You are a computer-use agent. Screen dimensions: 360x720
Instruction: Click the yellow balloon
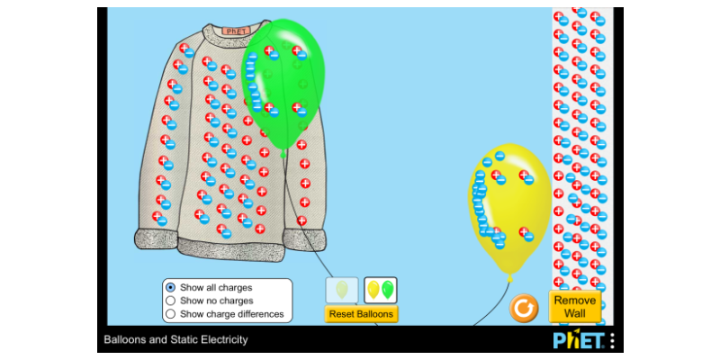(510, 207)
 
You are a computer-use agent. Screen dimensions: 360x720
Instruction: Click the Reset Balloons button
(361, 314)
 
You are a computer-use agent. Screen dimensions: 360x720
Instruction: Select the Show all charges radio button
(171, 287)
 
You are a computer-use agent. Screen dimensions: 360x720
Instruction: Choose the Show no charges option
(171, 301)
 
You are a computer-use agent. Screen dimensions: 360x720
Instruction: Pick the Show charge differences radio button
(171, 314)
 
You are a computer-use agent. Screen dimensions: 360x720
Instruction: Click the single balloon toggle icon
(342, 290)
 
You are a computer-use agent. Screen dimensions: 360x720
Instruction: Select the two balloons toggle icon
(380, 290)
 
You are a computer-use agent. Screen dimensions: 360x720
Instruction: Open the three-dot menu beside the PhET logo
(612, 340)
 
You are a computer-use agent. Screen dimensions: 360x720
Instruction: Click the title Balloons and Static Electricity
(175, 340)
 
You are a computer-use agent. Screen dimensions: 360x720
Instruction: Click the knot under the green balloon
(283, 154)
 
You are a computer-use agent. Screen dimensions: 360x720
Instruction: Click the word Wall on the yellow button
(575, 313)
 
